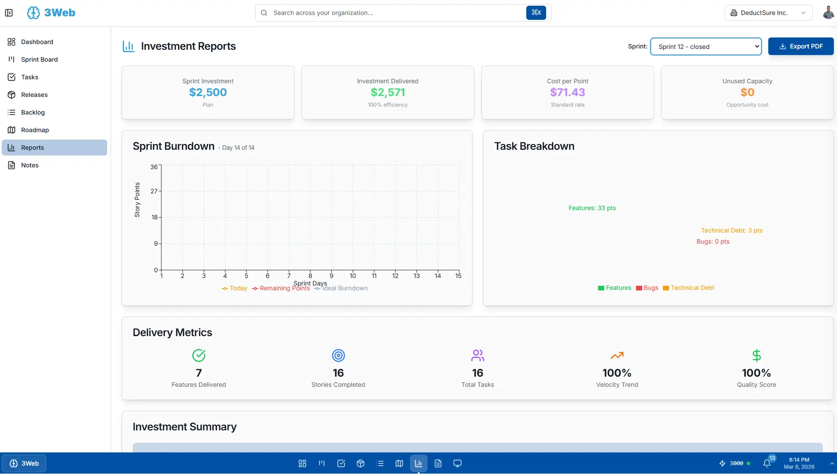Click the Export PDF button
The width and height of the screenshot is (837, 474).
(x=800, y=46)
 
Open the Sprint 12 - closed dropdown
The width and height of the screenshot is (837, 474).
(x=706, y=46)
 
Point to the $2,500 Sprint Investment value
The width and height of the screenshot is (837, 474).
(x=208, y=93)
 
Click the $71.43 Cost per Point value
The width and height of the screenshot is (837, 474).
(x=567, y=93)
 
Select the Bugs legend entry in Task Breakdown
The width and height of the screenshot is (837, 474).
(x=647, y=288)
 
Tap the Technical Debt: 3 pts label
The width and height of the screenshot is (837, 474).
(x=732, y=230)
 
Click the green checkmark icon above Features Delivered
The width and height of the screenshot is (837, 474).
(x=199, y=355)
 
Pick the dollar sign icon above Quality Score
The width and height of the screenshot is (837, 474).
(x=756, y=355)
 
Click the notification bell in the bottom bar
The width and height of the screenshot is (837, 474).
(x=767, y=463)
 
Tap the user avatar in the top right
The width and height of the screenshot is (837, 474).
(x=828, y=13)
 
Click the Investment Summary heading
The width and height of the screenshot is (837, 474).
(x=185, y=427)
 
